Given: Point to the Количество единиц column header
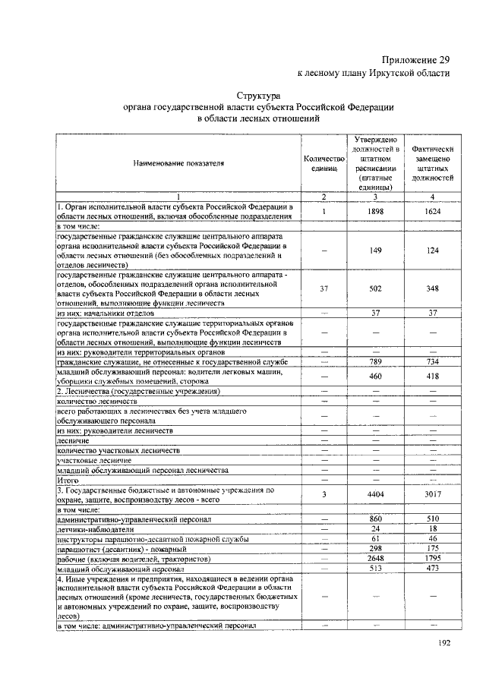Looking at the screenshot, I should [x=324, y=163].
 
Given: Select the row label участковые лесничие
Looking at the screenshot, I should [x=94, y=460].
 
